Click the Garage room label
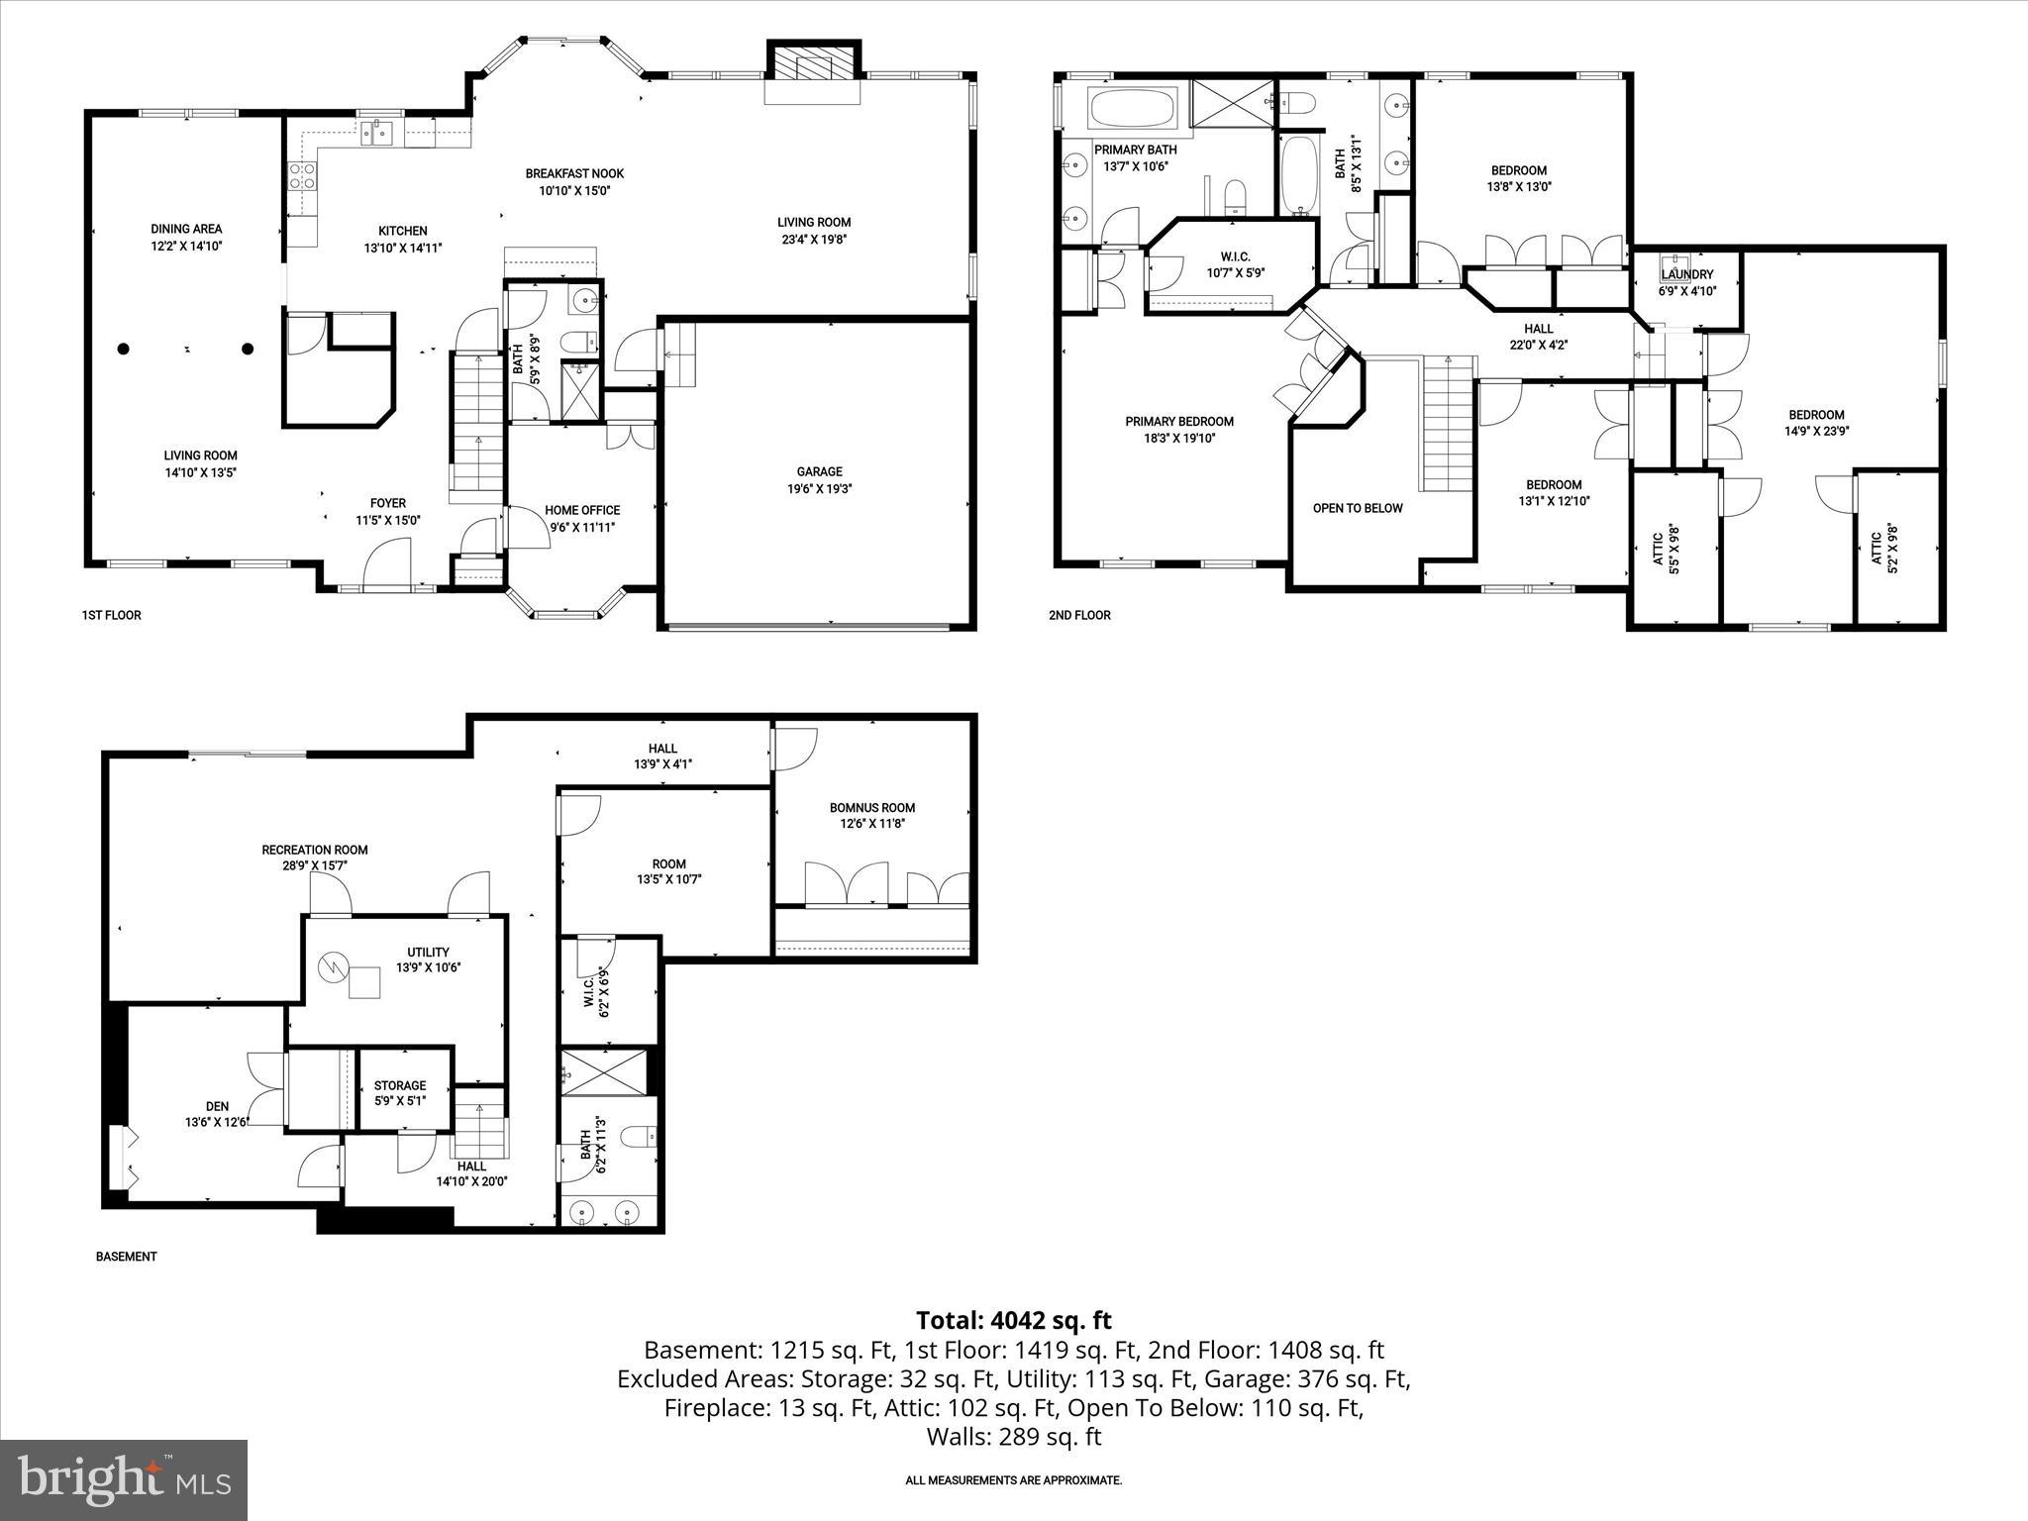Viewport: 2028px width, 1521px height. tap(819, 471)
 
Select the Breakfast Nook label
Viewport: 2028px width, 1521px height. tap(574, 173)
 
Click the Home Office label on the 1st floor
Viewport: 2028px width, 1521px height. tap(582, 510)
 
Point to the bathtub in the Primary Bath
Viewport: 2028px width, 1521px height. tap(1132, 107)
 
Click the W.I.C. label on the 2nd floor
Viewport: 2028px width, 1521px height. tap(1235, 256)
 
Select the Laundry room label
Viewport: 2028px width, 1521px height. tap(1686, 274)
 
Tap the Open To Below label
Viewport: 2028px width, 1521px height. tap(1358, 508)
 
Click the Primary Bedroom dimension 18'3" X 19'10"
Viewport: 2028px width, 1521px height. tap(1179, 438)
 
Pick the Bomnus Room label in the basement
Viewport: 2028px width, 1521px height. tap(871, 807)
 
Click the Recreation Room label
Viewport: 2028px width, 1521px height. tap(315, 850)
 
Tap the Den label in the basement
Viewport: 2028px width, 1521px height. tap(217, 1106)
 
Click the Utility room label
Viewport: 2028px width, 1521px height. tap(428, 952)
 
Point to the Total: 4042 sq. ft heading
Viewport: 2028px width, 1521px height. tap(1013, 1320)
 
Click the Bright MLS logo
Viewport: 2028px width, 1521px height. tap(124, 1479)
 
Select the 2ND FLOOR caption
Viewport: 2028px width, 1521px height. tap(1079, 615)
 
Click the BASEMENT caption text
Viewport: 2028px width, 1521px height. tap(126, 1257)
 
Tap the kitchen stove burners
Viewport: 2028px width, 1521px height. tap(302, 176)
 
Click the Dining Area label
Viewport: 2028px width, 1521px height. tap(186, 229)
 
